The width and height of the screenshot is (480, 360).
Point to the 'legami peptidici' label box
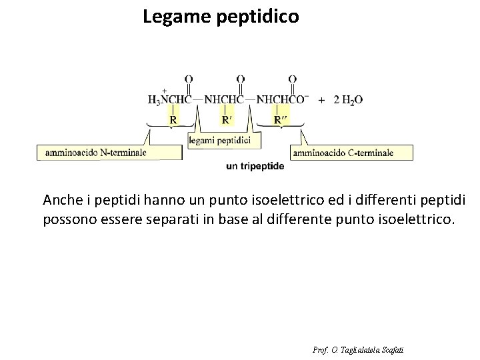coord(219,140)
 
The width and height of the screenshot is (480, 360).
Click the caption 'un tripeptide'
coord(255,166)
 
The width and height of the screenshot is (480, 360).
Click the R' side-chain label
coord(227,120)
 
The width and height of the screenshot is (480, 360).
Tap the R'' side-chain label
coord(281,120)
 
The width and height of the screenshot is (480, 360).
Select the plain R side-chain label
coord(173,120)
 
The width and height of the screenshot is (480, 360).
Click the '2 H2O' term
coord(347,100)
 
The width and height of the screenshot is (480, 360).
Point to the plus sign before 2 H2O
coord(322,100)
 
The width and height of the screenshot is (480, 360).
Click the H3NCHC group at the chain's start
coord(169,100)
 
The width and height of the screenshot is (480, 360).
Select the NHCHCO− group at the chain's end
coord(282,100)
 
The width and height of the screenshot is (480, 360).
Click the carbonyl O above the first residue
coord(189,79)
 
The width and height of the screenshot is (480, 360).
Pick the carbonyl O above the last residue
coord(293,79)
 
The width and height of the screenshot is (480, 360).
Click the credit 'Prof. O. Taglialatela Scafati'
coord(357,349)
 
